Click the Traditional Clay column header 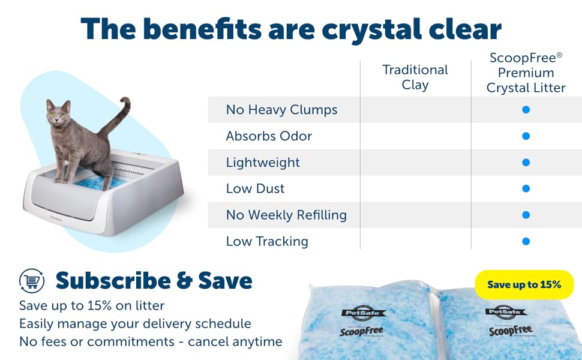click(415, 77)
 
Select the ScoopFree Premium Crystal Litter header click(526, 73)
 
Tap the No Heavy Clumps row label click(281, 110)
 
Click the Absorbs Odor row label click(269, 136)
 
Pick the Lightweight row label click(263, 163)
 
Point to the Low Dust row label click(255, 189)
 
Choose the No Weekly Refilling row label click(286, 215)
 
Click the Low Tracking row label click(267, 241)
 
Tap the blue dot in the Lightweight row click(526, 163)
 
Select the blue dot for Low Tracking click(526, 241)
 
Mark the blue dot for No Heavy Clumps click(526, 110)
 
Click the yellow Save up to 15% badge click(524, 284)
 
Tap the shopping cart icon click(32, 280)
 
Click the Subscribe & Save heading click(154, 280)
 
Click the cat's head click(58, 112)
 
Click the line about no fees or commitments click(151, 341)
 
